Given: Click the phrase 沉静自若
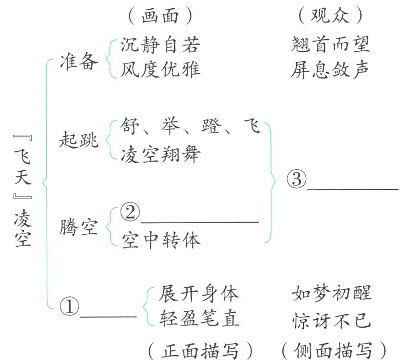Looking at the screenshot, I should tap(161, 46).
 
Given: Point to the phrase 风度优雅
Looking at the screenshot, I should tap(161, 69).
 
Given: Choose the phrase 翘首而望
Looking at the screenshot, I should tap(330, 46).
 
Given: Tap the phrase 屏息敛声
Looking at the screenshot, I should tap(330, 69).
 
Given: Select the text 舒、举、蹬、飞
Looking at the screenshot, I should tap(190, 126).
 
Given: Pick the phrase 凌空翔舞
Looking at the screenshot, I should tap(161, 153).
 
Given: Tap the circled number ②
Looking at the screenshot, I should tap(130, 213).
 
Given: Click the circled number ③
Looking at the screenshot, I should tap(296, 179).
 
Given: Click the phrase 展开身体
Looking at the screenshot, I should tap(199, 294).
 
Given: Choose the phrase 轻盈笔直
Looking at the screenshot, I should tap(199, 319).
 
